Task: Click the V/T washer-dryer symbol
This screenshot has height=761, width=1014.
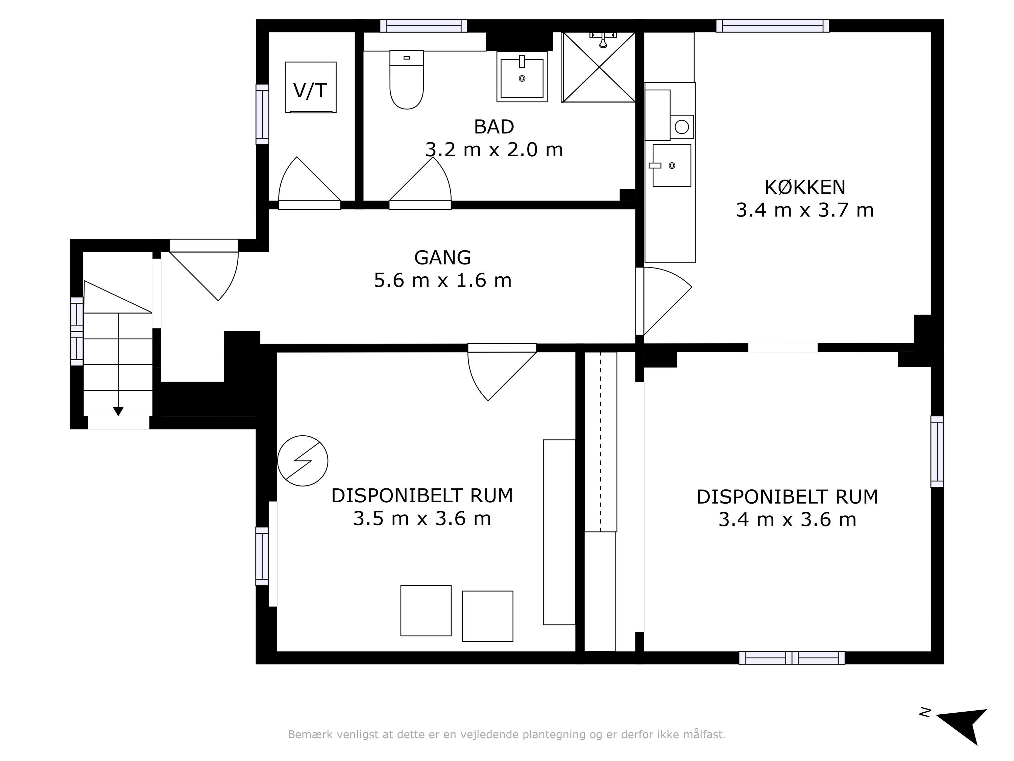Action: pyautogui.click(x=311, y=87)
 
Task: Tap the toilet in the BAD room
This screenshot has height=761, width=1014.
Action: pyautogui.click(x=406, y=79)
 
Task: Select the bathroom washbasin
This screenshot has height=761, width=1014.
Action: pyautogui.click(x=522, y=76)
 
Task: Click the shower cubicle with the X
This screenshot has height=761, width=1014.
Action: pyautogui.click(x=599, y=67)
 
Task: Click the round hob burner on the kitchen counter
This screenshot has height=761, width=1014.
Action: pyautogui.click(x=682, y=126)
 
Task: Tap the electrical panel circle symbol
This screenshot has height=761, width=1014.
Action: pyautogui.click(x=303, y=461)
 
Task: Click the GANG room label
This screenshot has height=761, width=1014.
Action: pyautogui.click(x=442, y=258)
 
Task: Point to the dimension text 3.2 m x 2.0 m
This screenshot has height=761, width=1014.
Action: pyautogui.click(x=494, y=150)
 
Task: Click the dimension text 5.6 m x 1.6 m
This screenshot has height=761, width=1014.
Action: pyautogui.click(x=442, y=281)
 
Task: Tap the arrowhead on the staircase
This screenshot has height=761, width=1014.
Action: pyautogui.click(x=118, y=412)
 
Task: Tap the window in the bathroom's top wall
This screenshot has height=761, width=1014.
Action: pyautogui.click(x=424, y=26)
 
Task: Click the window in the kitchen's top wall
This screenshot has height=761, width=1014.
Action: pyautogui.click(x=772, y=26)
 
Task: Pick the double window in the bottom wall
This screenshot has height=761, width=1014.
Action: pyautogui.click(x=792, y=658)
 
